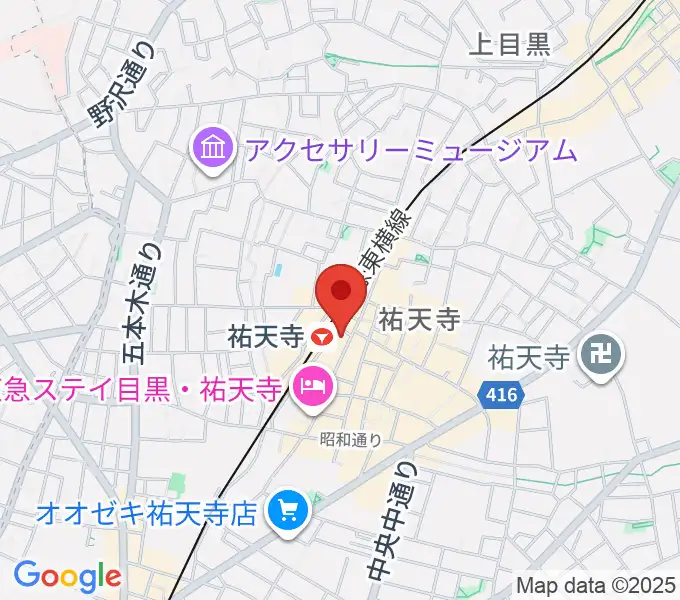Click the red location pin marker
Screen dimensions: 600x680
340,293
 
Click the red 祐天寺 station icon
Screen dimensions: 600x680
321,337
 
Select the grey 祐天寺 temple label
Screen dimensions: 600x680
529,355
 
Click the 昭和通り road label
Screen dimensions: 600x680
351,437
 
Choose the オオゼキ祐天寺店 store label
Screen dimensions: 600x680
147,514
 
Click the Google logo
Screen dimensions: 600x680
67,575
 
